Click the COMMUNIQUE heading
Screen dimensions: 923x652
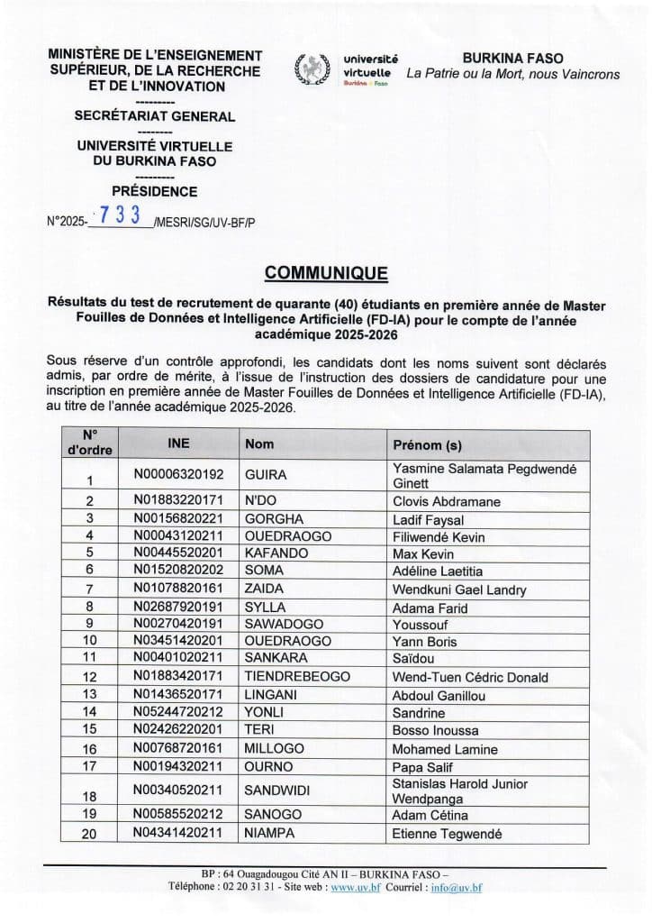click(x=325, y=272)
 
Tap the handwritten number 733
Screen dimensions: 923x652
click(x=121, y=215)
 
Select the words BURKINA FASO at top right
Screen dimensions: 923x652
click(x=512, y=56)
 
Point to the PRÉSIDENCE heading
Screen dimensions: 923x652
click(x=154, y=191)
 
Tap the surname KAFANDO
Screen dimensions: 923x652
click(x=274, y=553)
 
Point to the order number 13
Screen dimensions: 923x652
click(x=89, y=694)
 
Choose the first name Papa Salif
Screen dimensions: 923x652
click(x=424, y=766)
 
